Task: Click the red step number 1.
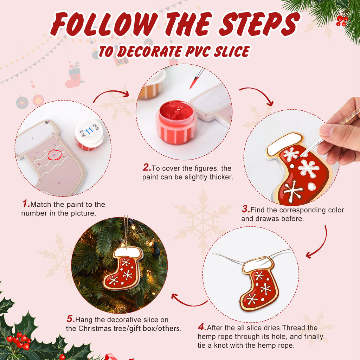(x=26, y=204)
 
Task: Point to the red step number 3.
(x=245, y=210)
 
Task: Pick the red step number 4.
(x=202, y=328)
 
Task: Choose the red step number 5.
(x=71, y=320)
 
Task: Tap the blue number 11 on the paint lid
(x=89, y=131)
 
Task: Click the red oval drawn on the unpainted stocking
(x=54, y=154)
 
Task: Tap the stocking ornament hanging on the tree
(x=123, y=268)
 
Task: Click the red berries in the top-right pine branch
(x=341, y=20)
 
